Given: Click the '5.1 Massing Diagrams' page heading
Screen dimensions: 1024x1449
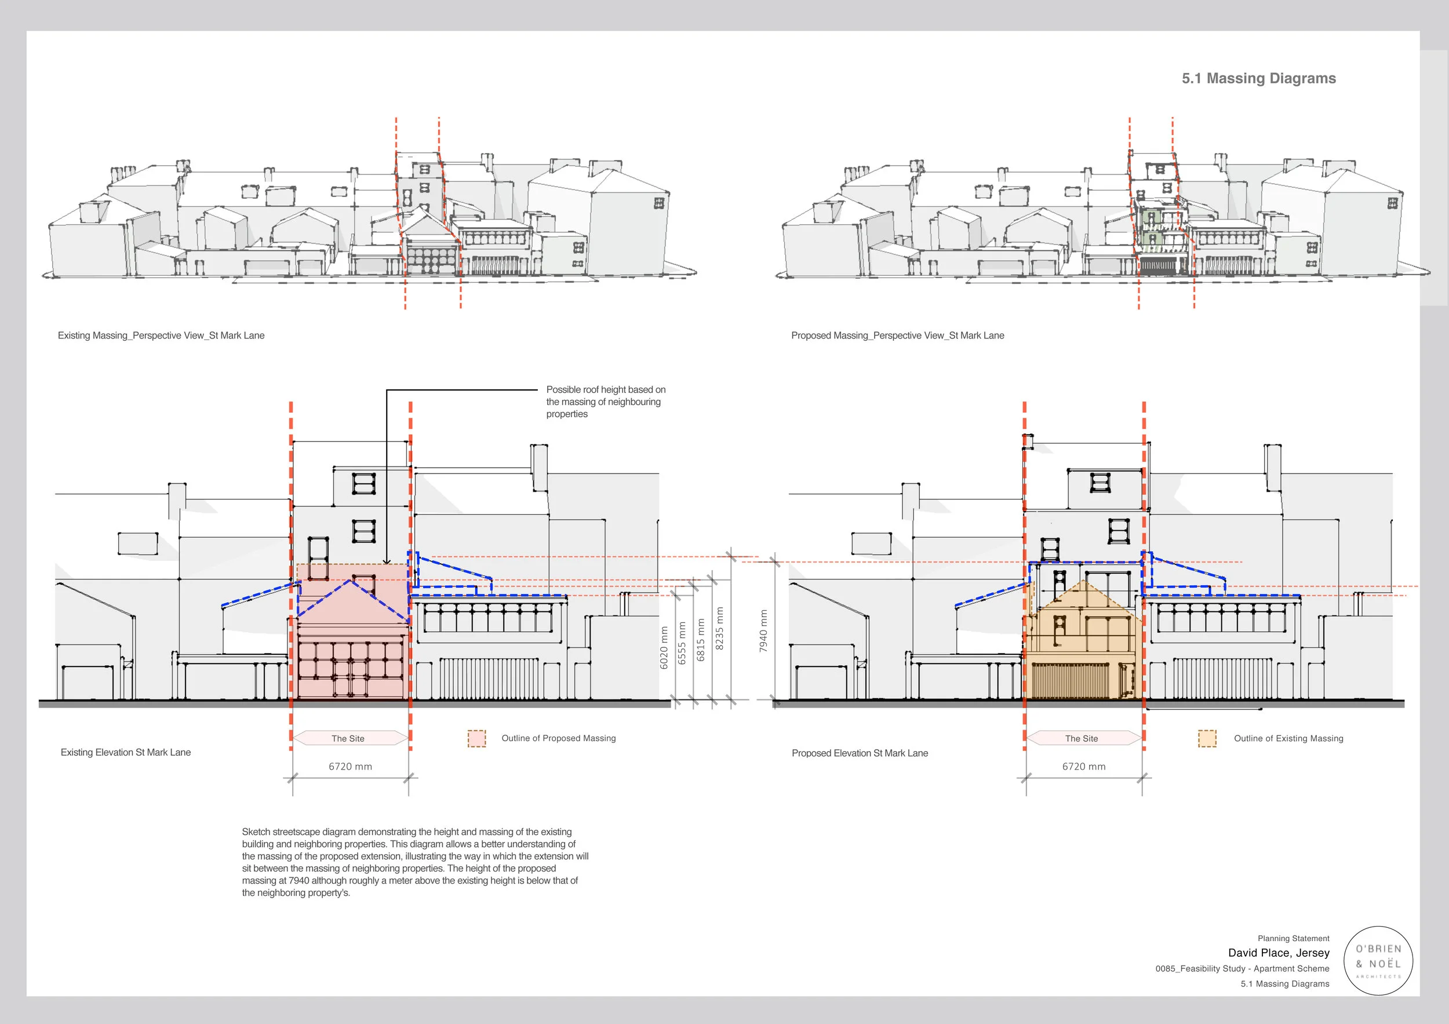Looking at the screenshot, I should (x=1258, y=78).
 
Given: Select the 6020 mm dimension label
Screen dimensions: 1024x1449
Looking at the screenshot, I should (x=663, y=648).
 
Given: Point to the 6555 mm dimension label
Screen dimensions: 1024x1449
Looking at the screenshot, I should (x=682, y=643).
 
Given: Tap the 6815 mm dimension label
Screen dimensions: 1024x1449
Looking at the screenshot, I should (x=700, y=640).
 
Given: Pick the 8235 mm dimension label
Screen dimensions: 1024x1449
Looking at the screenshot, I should (x=719, y=628).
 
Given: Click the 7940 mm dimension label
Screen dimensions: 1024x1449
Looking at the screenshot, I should (x=763, y=631).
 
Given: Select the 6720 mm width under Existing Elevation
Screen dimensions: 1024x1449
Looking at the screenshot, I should (x=350, y=767).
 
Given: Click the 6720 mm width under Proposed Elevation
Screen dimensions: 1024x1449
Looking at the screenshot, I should (x=1084, y=767).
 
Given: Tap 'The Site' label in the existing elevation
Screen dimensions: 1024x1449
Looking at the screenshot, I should (x=348, y=738).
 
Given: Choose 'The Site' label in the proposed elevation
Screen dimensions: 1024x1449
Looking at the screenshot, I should (x=1082, y=738).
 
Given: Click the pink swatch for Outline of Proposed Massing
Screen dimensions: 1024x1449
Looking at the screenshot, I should (x=476, y=738).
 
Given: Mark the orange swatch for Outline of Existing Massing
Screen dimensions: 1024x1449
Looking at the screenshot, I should (x=1207, y=738).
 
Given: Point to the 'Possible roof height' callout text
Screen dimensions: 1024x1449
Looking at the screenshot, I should (x=605, y=402).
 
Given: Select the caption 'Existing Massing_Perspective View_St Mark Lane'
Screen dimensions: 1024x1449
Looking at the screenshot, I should (x=161, y=336).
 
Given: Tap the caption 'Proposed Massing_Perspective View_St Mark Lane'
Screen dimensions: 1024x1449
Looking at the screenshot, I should (x=897, y=336).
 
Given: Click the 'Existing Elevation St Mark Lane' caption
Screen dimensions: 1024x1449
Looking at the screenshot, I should (x=126, y=752).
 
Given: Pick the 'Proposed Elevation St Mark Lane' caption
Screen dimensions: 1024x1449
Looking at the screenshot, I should (x=860, y=753).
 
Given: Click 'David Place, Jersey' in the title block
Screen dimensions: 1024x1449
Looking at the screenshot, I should (x=1278, y=953).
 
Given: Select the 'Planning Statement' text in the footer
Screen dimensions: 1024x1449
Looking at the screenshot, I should (x=1293, y=938).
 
